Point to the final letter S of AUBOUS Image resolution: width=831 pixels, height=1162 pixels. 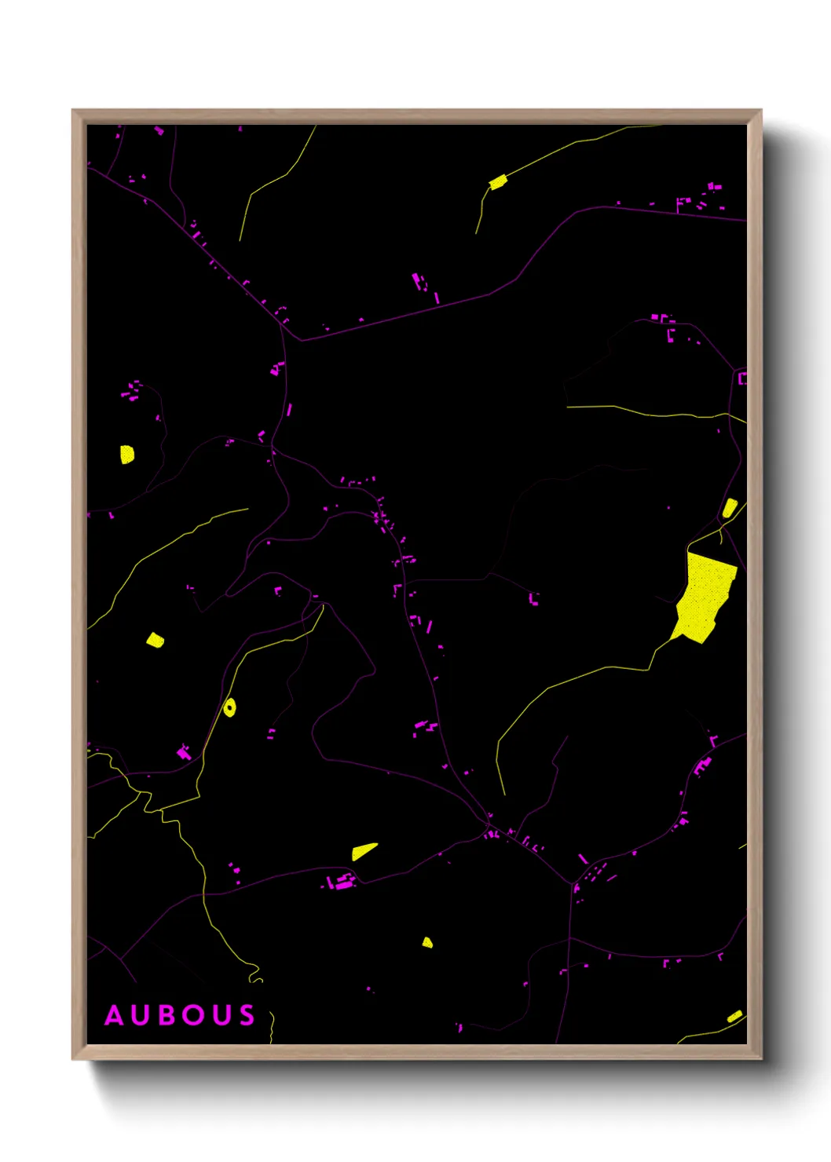[247, 1015]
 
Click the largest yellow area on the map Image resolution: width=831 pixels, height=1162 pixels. [705, 597]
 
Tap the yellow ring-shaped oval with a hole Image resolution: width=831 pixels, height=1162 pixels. [229, 707]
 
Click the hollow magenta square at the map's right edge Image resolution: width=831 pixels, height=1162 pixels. [742, 378]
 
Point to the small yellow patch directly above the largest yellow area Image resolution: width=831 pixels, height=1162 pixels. [730, 508]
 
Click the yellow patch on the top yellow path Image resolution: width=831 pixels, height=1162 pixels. [498, 183]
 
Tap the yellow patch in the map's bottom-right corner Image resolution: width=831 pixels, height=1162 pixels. [734, 1016]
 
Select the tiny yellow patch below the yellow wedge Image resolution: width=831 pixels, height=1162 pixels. [427, 942]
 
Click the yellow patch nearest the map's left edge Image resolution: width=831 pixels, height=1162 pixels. [126, 454]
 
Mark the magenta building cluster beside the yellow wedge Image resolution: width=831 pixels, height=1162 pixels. [342, 882]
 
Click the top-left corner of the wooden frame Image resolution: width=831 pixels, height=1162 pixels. [73, 111]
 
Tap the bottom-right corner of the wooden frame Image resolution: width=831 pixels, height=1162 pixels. [760, 1058]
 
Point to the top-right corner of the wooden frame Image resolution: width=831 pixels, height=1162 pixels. [760, 111]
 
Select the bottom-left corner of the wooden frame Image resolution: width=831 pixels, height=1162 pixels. [73, 1058]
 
